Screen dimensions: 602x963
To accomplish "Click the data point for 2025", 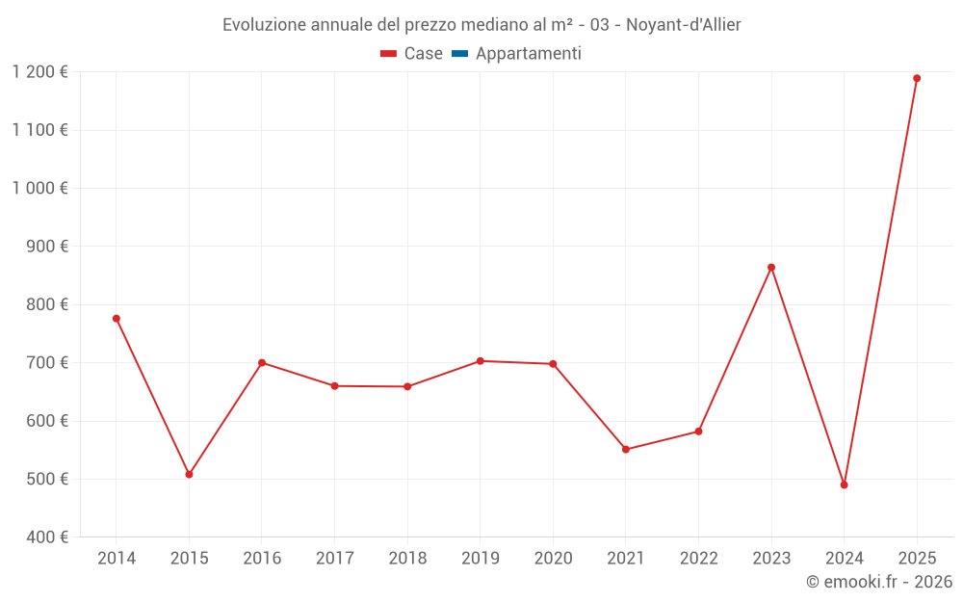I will [x=917, y=78].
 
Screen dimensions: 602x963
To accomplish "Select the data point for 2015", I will [x=189, y=474].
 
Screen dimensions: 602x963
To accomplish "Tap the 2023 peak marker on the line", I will [x=771, y=267].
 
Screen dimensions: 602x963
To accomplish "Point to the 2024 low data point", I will [x=844, y=484].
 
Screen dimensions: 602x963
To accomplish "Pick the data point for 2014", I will [x=117, y=318].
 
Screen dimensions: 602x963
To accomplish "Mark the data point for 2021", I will [x=625, y=449].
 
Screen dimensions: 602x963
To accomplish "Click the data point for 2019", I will [x=480, y=360].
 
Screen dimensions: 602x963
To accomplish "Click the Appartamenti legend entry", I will [x=528, y=54].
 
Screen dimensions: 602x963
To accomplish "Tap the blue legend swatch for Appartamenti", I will [x=459, y=54].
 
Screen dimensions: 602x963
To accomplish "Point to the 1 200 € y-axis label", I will [x=40, y=72].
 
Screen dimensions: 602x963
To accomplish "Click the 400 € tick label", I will [x=46, y=537].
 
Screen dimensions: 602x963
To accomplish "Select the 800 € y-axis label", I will [x=46, y=304].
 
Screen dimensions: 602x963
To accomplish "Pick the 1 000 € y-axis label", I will [x=40, y=188].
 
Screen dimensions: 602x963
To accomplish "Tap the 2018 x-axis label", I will [x=407, y=558].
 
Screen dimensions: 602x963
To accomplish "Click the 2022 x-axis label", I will [x=698, y=558].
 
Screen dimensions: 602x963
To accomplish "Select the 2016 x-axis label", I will [x=262, y=558].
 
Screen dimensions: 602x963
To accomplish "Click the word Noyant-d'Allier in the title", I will [x=683, y=25].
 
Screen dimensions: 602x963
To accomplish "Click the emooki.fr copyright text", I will [x=879, y=582].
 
